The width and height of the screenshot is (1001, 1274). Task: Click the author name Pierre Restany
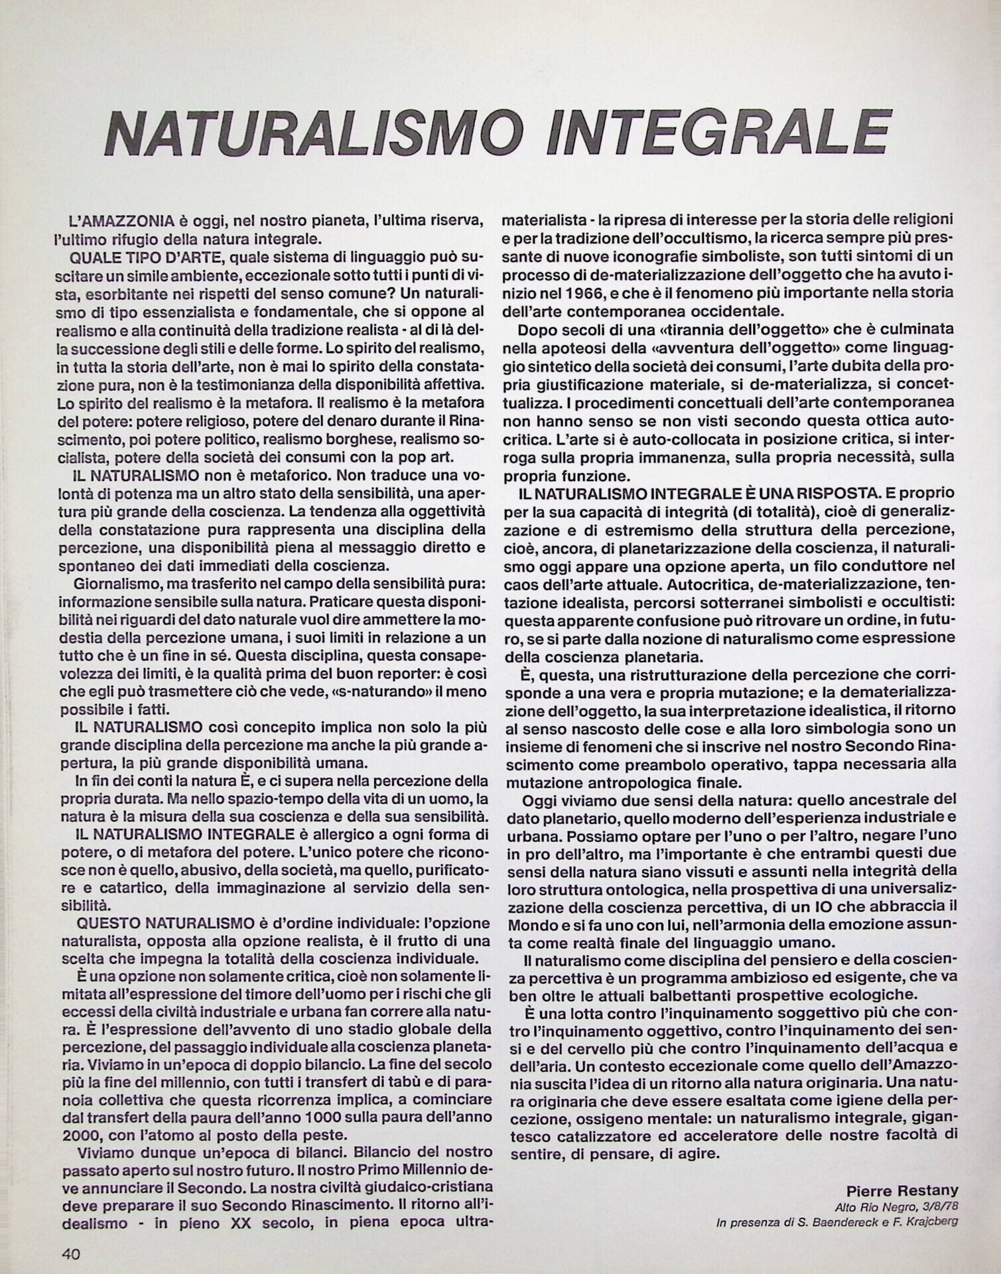pos(902,1191)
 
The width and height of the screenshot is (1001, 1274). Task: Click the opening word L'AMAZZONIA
pos(126,220)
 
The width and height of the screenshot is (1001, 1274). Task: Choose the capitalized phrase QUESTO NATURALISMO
pos(166,923)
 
